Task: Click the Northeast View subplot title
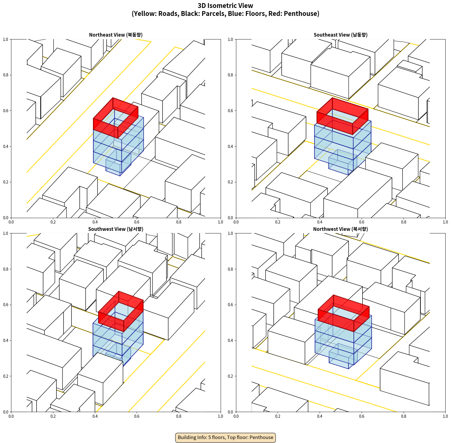(116, 35)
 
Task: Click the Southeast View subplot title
(340, 35)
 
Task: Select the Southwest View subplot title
(116, 229)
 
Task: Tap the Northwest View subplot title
(340, 229)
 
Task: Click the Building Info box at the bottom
(225, 437)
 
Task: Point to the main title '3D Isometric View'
(225, 6)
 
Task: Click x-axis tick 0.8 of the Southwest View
(179, 416)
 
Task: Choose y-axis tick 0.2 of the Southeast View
(230, 182)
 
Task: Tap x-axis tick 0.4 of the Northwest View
(320, 416)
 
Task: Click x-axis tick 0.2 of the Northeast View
(53, 222)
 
